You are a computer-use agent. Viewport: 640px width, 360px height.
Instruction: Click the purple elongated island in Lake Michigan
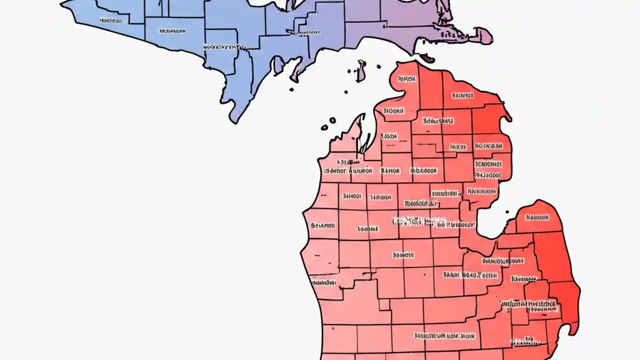pyautogui.click(x=360, y=71)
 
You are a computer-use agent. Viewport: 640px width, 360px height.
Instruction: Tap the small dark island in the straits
pyautogui.click(x=345, y=92)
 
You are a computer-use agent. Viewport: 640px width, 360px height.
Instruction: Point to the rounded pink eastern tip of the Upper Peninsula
pyautogui.click(x=483, y=36)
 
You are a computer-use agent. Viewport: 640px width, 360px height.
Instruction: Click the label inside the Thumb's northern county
pyautogui.click(x=537, y=217)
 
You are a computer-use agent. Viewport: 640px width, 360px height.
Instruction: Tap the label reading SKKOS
pyautogui.click(x=457, y=147)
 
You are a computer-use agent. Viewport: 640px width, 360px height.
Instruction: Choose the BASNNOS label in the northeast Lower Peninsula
pyautogui.click(x=462, y=95)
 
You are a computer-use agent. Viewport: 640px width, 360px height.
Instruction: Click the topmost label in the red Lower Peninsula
pyautogui.click(x=406, y=79)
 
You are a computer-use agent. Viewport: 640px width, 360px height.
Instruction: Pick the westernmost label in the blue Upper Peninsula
pyautogui.click(x=110, y=21)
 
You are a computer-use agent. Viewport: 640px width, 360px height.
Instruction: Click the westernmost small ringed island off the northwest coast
pyautogui.click(x=324, y=127)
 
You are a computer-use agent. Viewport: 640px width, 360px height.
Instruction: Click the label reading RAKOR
pyautogui.click(x=390, y=171)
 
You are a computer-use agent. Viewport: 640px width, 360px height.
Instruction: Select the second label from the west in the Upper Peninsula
pyautogui.click(x=172, y=31)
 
